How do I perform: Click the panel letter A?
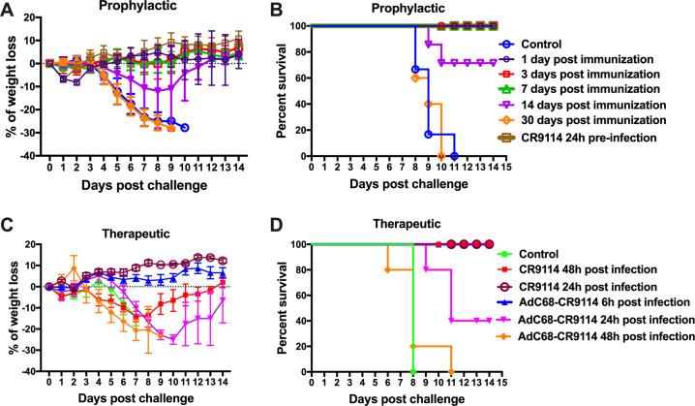pos(9,9)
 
